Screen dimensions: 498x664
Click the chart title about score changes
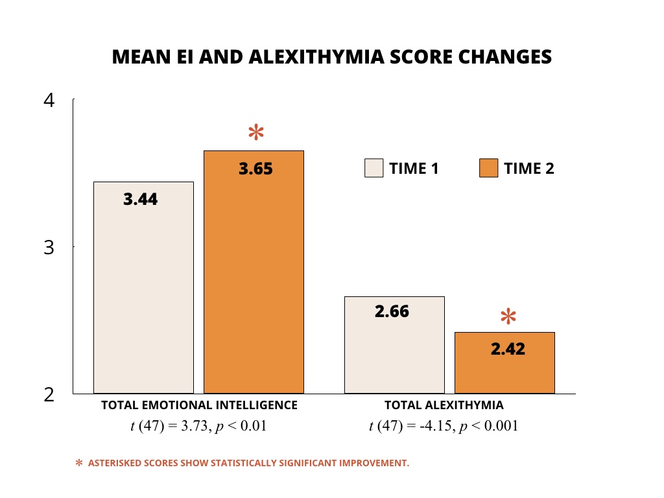tap(331, 57)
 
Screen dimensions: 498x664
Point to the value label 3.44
tap(141, 199)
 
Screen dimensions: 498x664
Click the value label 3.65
tap(256, 169)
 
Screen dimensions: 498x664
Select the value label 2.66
tap(392, 311)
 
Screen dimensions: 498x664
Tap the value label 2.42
tap(508, 349)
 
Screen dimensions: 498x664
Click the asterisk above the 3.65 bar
tap(256, 133)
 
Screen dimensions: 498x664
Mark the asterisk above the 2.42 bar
tap(508, 317)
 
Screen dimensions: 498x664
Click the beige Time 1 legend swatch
tap(374, 169)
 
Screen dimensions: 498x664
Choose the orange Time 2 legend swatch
tap(488, 169)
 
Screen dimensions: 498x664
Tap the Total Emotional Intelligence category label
tap(199, 405)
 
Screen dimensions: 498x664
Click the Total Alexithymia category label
tap(444, 405)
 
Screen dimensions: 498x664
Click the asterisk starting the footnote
tap(79, 463)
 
